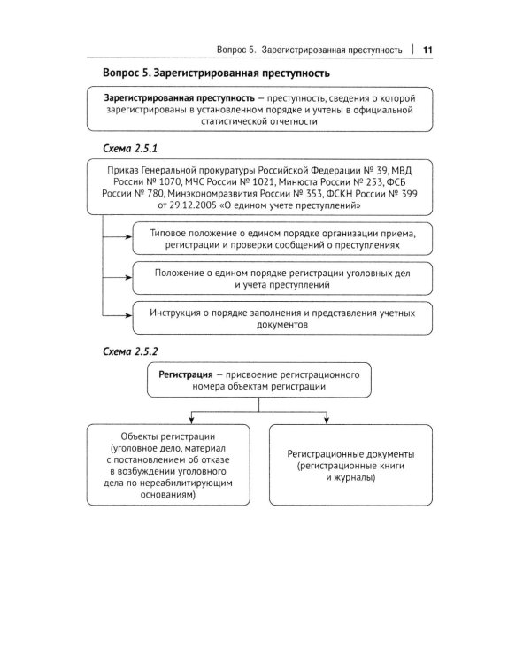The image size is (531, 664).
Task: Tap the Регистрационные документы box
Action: (x=351, y=466)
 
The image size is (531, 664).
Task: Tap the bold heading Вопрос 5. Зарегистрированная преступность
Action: (x=217, y=73)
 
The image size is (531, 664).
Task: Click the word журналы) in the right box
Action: (x=358, y=478)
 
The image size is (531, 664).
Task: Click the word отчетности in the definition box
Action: (x=292, y=122)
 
